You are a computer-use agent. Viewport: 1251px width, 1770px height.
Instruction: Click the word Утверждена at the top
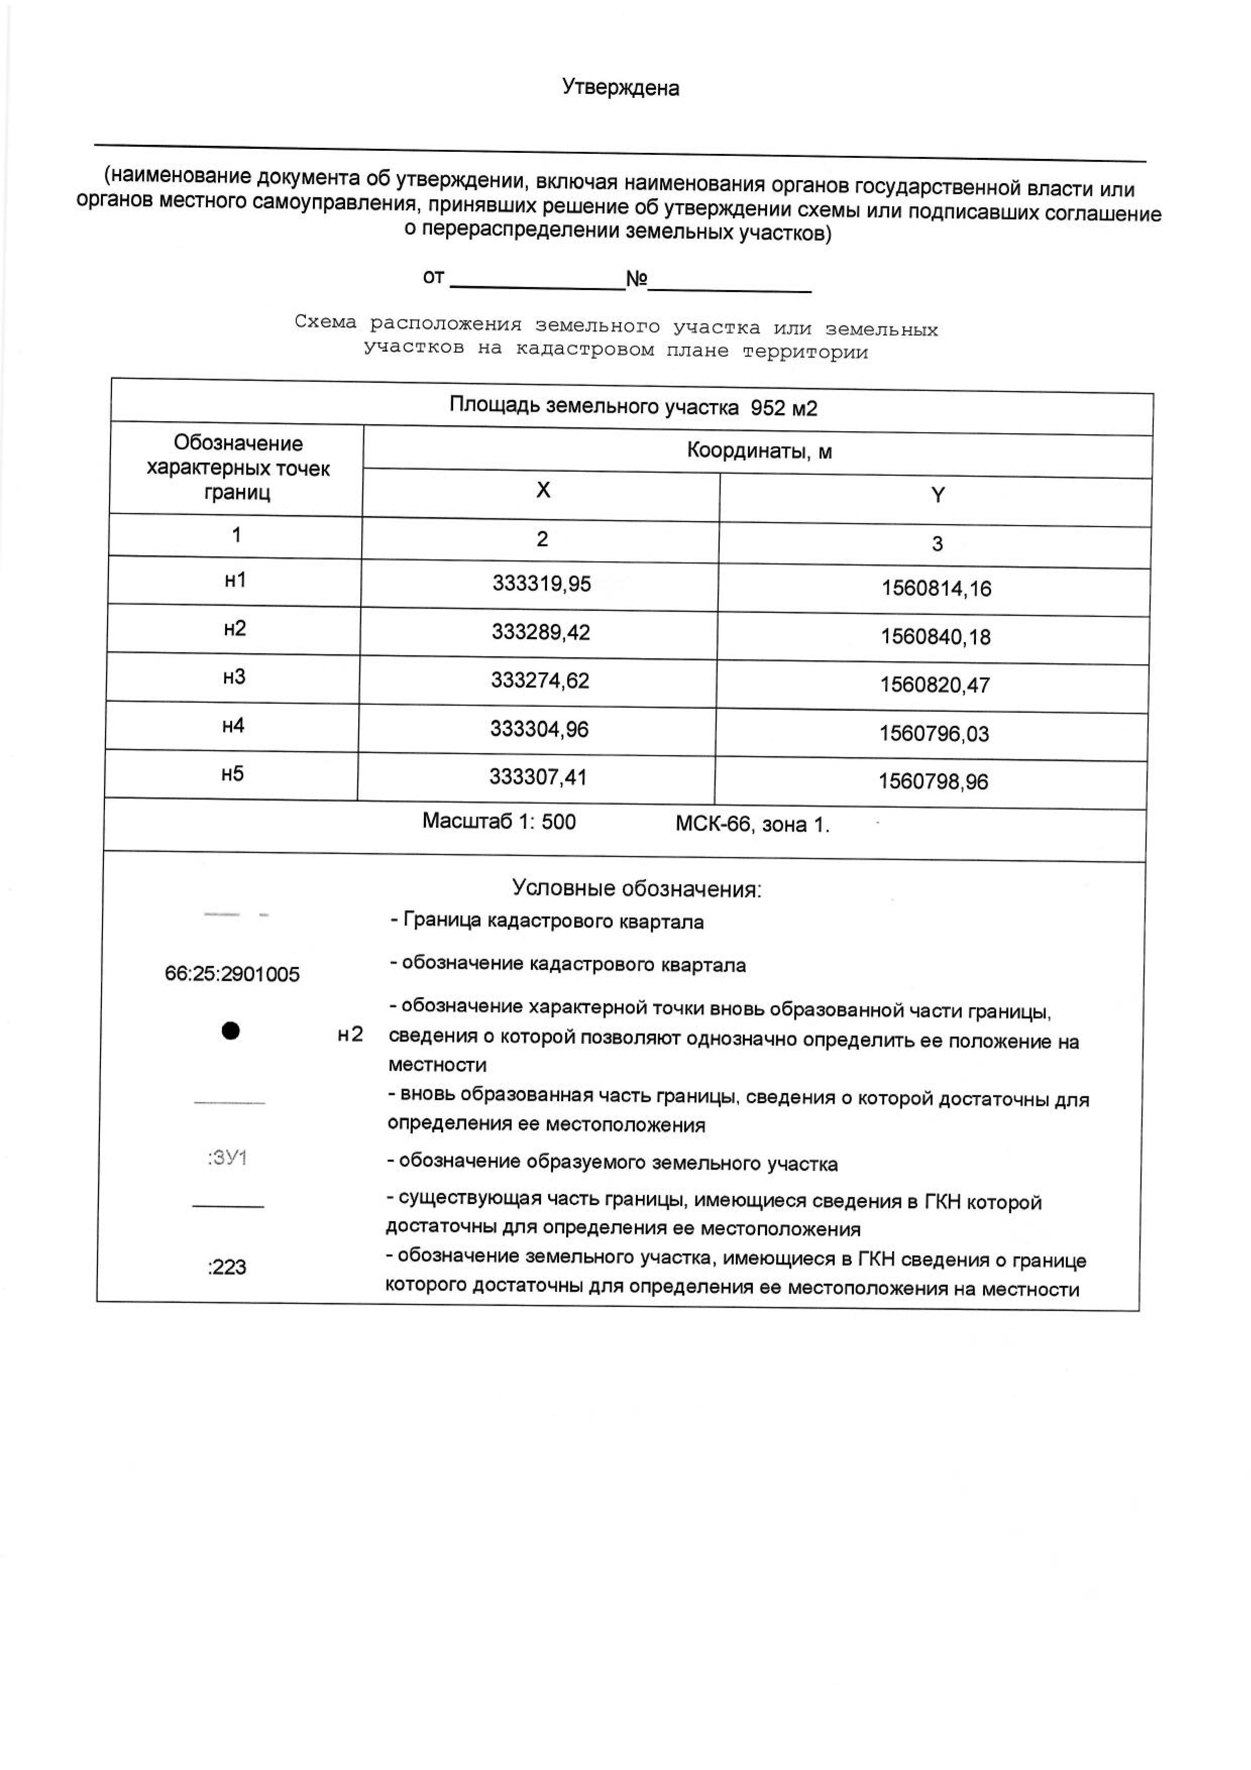tap(621, 88)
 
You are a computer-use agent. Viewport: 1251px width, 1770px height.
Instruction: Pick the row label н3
tap(234, 677)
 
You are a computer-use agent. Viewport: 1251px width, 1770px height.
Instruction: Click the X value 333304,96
tap(539, 729)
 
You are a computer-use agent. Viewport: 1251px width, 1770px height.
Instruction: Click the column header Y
tap(937, 495)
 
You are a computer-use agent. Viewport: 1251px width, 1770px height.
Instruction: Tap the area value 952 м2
tap(783, 408)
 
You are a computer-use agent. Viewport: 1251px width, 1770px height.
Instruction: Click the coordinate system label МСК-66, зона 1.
tap(752, 825)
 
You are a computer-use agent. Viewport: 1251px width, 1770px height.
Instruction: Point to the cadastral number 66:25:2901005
tap(232, 974)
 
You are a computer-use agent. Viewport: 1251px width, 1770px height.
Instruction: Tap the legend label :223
tap(227, 1267)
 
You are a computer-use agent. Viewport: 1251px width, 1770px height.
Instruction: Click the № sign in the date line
tap(636, 279)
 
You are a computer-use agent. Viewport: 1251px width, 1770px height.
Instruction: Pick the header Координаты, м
tap(759, 451)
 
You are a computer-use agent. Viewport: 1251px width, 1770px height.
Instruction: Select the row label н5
tap(232, 774)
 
